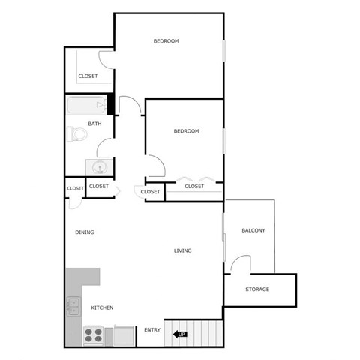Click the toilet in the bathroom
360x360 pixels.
(76, 134)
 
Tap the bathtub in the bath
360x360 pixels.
(86, 106)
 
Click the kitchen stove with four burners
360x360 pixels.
(93, 334)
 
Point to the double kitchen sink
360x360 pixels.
(73, 305)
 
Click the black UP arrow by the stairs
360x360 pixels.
(180, 334)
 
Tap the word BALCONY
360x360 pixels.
(253, 230)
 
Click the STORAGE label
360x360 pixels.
(257, 289)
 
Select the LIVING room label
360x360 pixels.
(182, 250)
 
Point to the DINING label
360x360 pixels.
(85, 232)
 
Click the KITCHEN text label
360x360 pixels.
(102, 308)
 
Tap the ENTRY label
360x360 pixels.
(152, 330)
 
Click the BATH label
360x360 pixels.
(95, 124)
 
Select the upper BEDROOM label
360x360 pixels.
(166, 40)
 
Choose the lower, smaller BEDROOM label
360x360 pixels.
(186, 131)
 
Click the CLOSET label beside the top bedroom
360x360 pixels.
(88, 76)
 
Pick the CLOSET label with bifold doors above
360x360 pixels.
(194, 186)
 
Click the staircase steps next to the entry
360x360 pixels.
(204, 331)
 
